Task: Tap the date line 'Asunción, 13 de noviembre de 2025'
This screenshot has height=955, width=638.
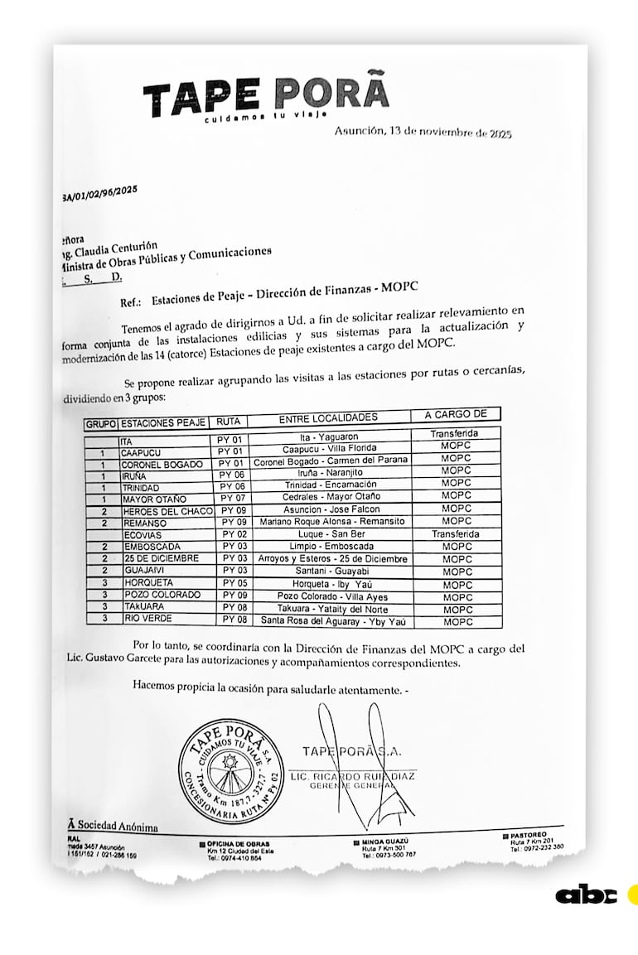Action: point(423,132)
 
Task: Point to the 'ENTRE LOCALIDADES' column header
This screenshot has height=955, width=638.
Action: point(328,417)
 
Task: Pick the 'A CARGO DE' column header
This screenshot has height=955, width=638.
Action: point(460,414)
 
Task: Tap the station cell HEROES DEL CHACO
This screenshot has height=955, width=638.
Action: point(167,511)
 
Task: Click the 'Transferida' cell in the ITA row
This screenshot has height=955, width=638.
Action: point(454,433)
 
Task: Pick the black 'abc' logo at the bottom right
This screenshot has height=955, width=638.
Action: point(587,895)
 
